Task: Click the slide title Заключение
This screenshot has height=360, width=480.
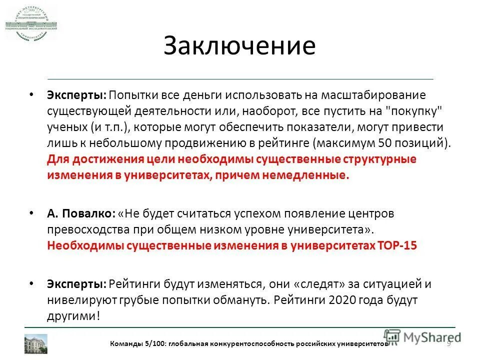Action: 239,46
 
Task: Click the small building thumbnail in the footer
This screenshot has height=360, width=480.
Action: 36,343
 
